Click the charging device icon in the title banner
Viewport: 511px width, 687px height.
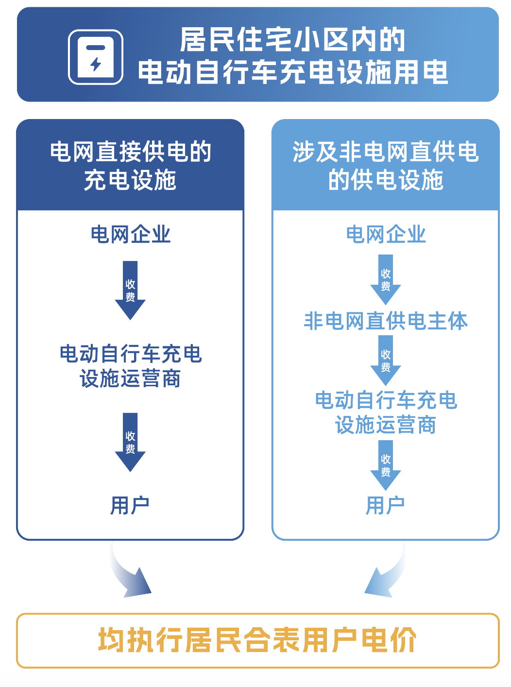point(96,57)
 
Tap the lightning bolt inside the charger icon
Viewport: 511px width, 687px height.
point(95,64)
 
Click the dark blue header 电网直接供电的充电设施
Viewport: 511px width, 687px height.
point(130,165)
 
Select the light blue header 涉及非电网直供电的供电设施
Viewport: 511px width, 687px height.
point(386,165)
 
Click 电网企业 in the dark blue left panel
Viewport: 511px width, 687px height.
point(130,235)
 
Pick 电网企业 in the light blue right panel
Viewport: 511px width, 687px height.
point(386,235)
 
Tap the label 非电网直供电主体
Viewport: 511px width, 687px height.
point(386,321)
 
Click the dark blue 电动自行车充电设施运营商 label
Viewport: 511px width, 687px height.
point(130,366)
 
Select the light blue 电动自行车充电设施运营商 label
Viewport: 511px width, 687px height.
point(386,412)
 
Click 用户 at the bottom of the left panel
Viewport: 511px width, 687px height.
point(130,505)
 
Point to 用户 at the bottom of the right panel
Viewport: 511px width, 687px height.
point(385,505)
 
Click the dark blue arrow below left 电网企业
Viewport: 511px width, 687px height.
point(130,290)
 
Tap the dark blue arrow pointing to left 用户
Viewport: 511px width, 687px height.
point(130,442)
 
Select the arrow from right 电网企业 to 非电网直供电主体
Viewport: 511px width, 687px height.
point(386,280)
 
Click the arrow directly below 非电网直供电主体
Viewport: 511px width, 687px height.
point(386,361)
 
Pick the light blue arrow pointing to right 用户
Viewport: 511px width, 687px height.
point(386,465)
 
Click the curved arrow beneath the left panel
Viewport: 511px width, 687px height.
point(130,569)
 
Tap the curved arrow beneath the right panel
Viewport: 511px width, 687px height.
point(385,569)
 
